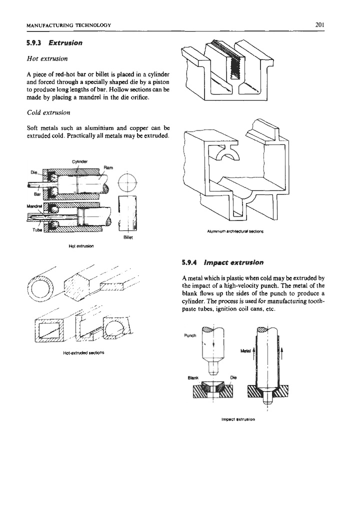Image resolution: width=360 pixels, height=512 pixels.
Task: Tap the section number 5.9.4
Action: pos(194,261)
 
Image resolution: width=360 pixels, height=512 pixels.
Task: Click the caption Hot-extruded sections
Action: pos(80,352)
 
